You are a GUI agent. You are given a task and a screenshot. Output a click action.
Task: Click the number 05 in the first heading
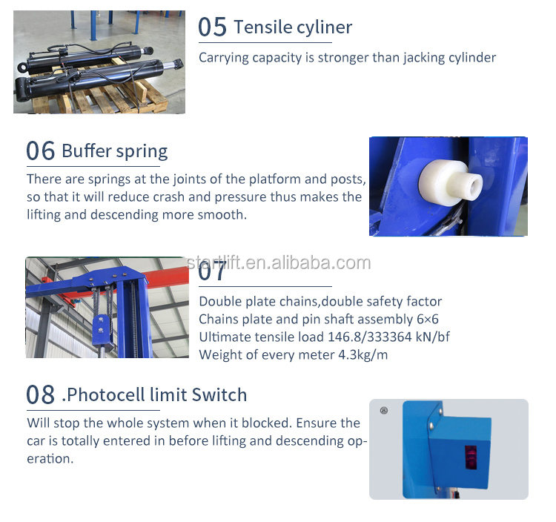pyautogui.click(x=212, y=27)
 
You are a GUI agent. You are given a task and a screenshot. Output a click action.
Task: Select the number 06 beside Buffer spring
pyautogui.click(x=41, y=151)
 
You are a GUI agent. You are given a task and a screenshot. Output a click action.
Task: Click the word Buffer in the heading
pyautogui.click(x=86, y=151)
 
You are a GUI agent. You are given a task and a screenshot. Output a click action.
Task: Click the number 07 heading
pyautogui.click(x=213, y=271)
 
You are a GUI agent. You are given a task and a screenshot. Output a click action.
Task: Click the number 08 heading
pyautogui.click(x=41, y=394)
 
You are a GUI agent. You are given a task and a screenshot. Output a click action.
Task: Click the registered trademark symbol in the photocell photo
pyautogui.click(x=383, y=410)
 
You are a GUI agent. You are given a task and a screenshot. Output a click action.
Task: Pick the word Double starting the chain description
pyautogui.click(x=220, y=301)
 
